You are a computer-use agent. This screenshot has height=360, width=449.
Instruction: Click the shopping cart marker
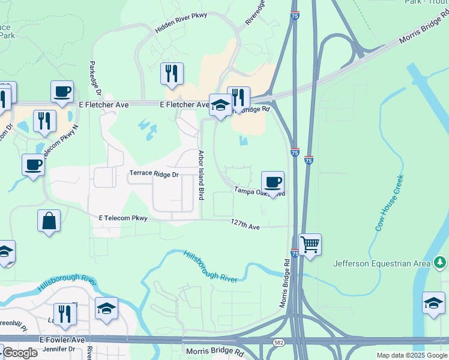(310, 244)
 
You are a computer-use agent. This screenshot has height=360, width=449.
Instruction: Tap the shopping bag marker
(49, 220)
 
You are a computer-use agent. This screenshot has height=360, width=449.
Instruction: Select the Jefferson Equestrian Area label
(382, 263)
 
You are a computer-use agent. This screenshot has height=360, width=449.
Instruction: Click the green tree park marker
(441, 262)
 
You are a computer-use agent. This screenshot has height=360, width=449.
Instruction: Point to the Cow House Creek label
(388, 203)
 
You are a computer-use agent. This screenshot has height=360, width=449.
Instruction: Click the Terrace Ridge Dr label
(154, 174)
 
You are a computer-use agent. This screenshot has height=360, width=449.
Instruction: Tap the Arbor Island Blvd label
(202, 175)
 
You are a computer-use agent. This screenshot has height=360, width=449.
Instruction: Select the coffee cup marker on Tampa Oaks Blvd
(273, 182)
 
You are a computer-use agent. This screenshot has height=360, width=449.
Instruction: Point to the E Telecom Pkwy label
(123, 218)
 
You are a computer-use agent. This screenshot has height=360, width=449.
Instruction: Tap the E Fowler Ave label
(62, 340)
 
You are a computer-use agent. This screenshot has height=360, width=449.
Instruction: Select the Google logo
(20, 353)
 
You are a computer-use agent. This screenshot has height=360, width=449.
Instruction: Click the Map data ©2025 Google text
(411, 355)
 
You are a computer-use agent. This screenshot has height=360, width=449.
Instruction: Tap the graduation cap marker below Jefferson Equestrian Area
(433, 302)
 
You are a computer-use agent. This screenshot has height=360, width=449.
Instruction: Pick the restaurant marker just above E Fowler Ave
(64, 314)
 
